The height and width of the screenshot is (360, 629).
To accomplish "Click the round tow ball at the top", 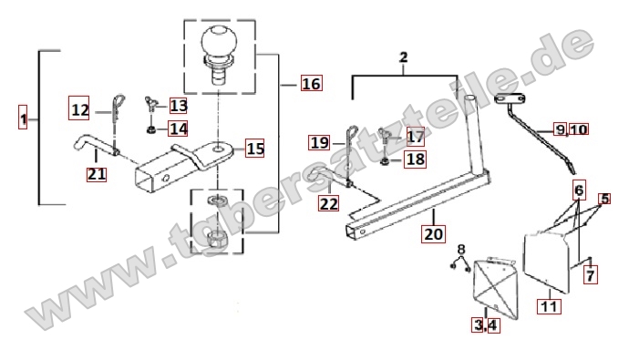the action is [219, 41].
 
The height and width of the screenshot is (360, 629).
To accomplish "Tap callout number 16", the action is [311, 83].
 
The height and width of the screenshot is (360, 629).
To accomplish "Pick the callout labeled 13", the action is [178, 106].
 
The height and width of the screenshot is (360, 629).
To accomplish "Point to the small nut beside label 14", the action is [151, 129].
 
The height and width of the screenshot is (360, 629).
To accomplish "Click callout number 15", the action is [254, 149].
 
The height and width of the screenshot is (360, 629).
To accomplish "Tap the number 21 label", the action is [97, 174].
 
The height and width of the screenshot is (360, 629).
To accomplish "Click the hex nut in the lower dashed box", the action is [217, 241].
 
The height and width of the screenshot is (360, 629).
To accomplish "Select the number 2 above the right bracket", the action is [404, 57].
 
